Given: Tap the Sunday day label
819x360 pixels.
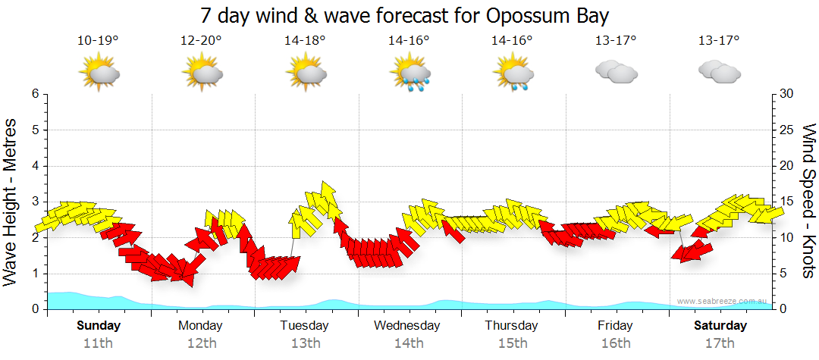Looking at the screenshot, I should [x=98, y=326].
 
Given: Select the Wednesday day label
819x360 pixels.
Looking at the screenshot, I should [x=406, y=326].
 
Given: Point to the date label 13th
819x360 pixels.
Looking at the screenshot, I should [x=305, y=343].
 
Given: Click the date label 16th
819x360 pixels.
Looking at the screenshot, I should [x=616, y=343].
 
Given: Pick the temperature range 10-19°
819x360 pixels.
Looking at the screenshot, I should [x=98, y=41].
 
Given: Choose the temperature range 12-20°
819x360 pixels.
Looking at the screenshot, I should [x=201, y=41].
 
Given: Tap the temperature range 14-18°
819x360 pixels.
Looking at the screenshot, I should [x=305, y=41].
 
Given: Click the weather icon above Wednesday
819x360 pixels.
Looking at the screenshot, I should [x=409, y=74].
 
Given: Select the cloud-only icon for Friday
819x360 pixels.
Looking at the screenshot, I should [x=616, y=72].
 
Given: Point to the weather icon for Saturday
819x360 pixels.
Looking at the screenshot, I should [x=719, y=72].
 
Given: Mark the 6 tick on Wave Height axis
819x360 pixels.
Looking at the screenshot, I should [x=35, y=94].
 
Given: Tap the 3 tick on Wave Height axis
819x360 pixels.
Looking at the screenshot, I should [x=35, y=202].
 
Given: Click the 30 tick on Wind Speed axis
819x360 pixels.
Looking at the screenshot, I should [x=788, y=94].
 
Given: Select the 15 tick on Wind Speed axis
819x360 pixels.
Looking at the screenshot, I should [x=788, y=202].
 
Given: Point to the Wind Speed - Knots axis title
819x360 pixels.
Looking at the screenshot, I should [x=808, y=202].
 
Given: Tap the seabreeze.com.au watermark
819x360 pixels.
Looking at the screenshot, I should [x=722, y=301].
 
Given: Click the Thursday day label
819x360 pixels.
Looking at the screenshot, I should [x=512, y=326].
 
